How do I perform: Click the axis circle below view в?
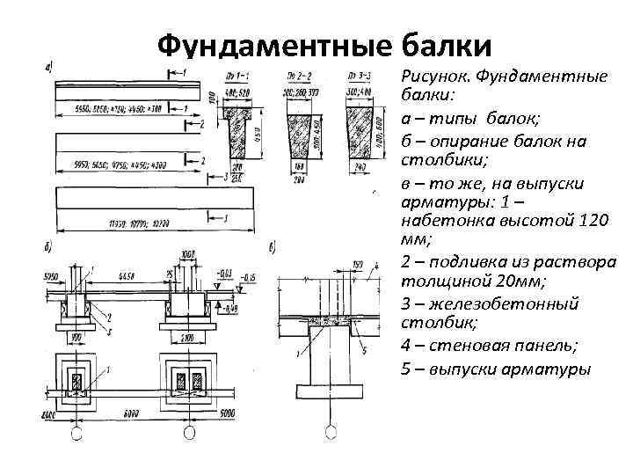click(331, 432)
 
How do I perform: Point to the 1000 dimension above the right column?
click(186, 255)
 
